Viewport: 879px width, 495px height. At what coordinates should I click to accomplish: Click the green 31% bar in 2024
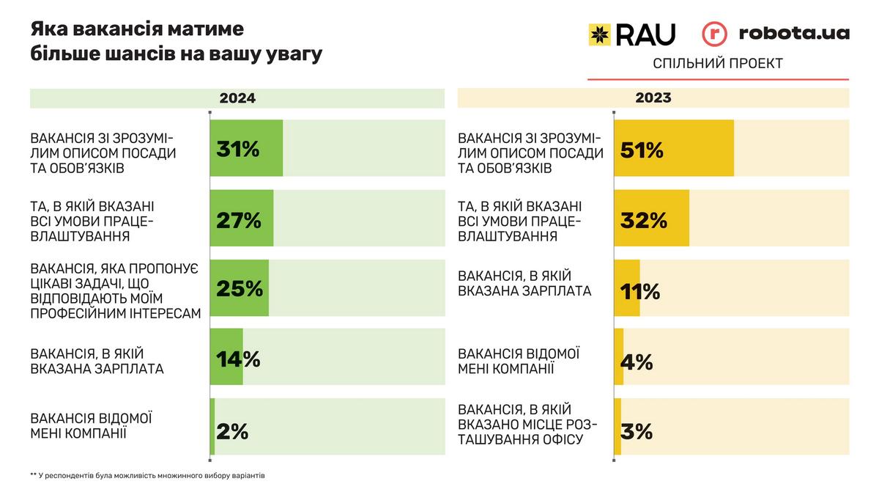pyautogui.click(x=246, y=148)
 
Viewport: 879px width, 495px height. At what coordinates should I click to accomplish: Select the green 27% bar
pyautogui.click(x=242, y=219)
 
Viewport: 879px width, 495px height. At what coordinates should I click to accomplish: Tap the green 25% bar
pyautogui.click(x=240, y=288)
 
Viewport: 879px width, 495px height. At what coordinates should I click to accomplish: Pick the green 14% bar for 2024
pyautogui.click(x=226, y=358)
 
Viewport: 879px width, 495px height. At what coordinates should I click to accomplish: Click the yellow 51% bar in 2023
pyautogui.click(x=674, y=148)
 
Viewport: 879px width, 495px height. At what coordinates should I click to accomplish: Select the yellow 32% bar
pyautogui.click(x=651, y=219)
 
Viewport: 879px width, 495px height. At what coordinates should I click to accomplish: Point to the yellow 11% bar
pyautogui.click(x=627, y=288)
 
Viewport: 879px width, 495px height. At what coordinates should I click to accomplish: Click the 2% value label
pyautogui.click(x=233, y=431)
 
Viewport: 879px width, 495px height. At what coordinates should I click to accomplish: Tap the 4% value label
pyautogui.click(x=637, y=362)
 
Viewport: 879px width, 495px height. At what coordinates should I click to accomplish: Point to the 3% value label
pyautogui.click(x=637, y=431)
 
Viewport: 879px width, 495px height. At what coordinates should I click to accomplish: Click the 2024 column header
pyautogui.click(x=237, y=98)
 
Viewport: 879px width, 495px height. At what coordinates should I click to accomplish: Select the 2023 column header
pyautogui.click(x=653, y=98)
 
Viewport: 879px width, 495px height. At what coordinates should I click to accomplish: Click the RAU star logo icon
pyautogui.click(x=600, y=34)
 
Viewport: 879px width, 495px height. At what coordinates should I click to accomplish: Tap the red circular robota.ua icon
pyautogui.click(x=714, y=34)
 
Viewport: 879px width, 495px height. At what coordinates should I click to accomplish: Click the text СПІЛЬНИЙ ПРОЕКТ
pyautogui.click(x=718, y=64)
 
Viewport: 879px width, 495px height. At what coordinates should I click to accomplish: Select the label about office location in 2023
pyautogui.click(x=527, y=425)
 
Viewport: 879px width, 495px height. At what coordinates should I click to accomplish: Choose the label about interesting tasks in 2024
pyautogui.click(x=115, y=291)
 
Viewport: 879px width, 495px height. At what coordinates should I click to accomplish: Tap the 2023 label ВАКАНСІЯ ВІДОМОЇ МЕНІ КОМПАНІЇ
pyautogui.click(x=519, y=360)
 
